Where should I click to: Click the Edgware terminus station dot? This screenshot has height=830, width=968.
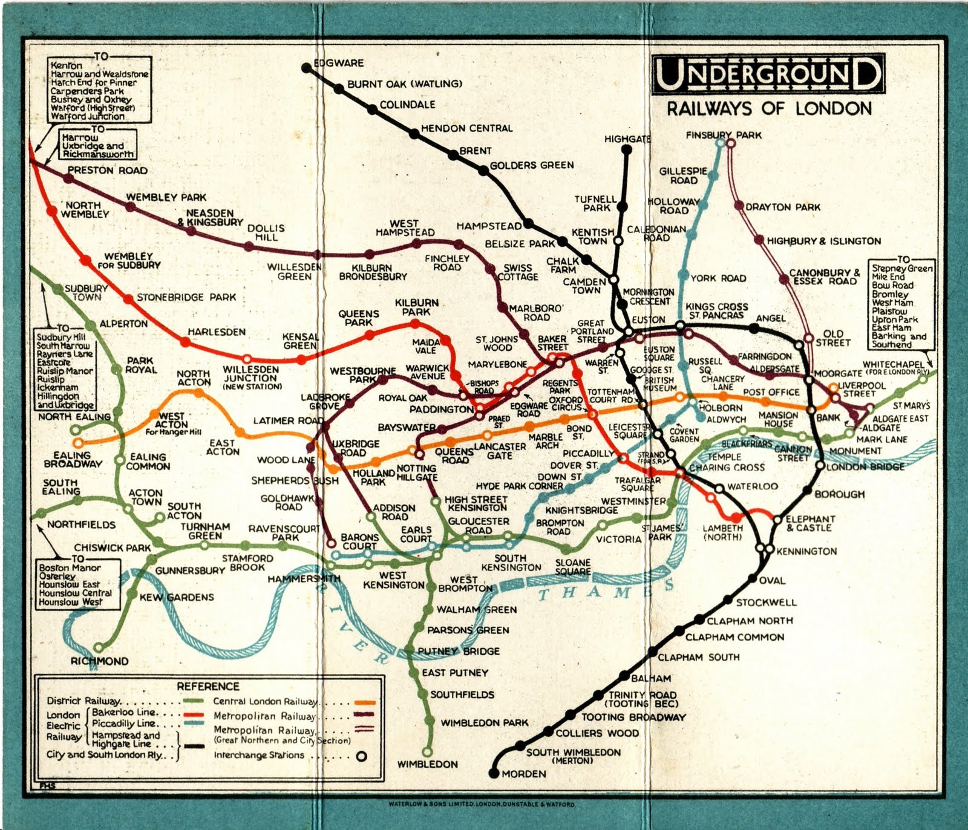[x=306, y=68]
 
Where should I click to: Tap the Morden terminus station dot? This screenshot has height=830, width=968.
[x=494, y=773]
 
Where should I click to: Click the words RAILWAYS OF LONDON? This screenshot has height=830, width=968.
[x=769, y=109]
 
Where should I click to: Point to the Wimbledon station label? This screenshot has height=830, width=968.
[x=427, y=764]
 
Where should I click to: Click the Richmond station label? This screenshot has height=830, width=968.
[x=99, y=661]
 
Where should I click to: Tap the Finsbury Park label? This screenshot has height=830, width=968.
[x=724, y=135]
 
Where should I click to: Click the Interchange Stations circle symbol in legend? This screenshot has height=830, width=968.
[x=361, y=756]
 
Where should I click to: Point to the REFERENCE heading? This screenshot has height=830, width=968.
[x=208, y=686]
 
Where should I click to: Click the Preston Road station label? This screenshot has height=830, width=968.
[x=107, y=171]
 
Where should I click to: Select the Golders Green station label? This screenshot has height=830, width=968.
[x=532, y=165]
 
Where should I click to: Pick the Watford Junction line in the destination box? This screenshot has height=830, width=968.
[x=88, y=116]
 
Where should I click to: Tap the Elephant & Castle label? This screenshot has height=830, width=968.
[x=810, y=523]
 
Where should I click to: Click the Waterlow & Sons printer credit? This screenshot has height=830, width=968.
[x=482, y=805]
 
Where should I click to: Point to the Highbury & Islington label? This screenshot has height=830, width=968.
[x=824, y=241]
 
